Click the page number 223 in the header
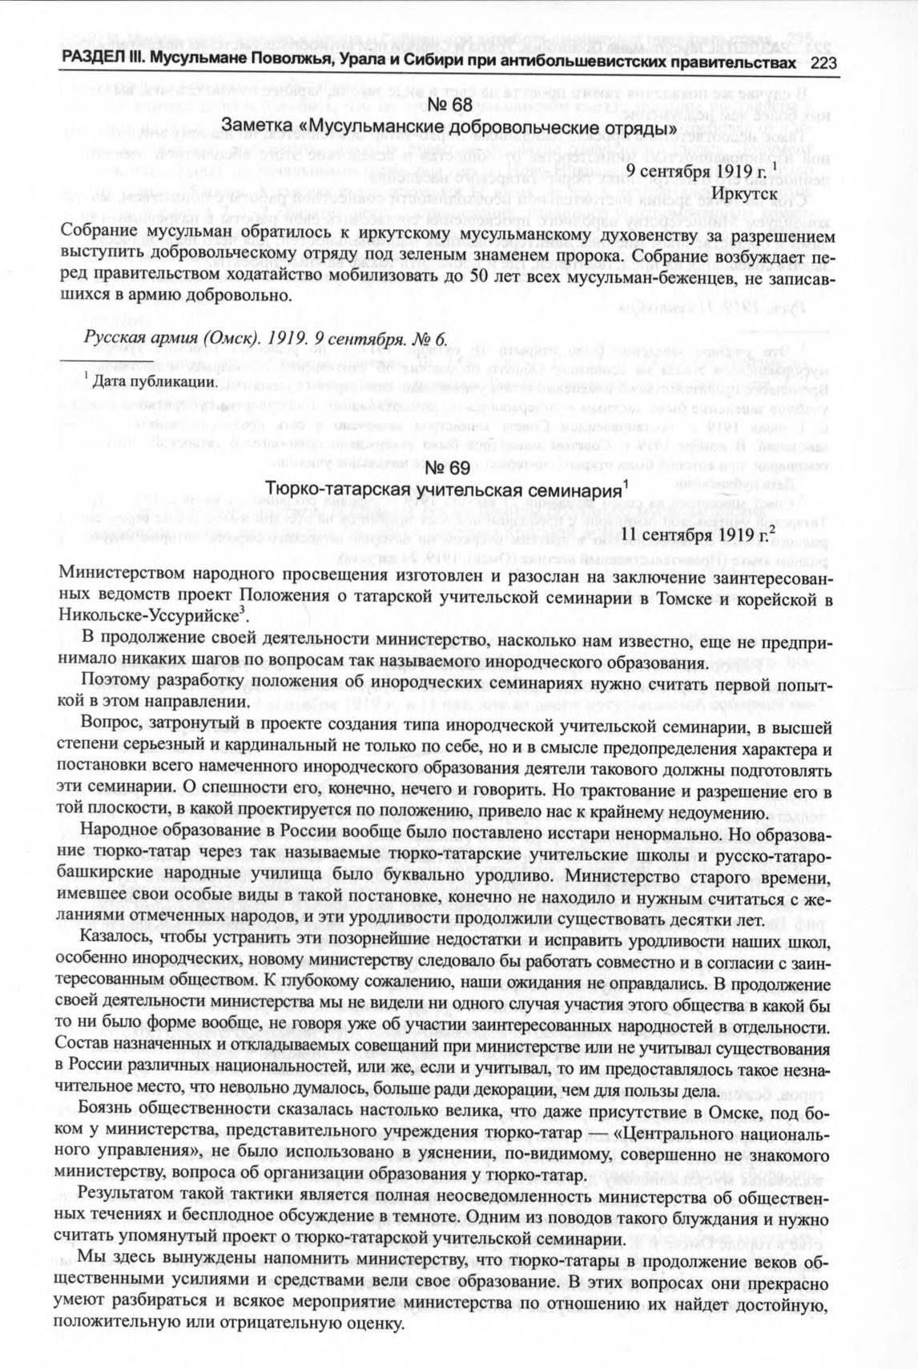[823, 64]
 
